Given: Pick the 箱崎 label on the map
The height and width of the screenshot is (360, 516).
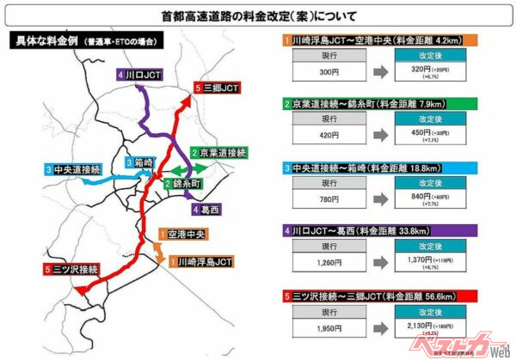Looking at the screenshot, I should [138, 163].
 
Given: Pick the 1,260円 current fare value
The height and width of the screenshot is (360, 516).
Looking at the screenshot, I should [327, 261].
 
